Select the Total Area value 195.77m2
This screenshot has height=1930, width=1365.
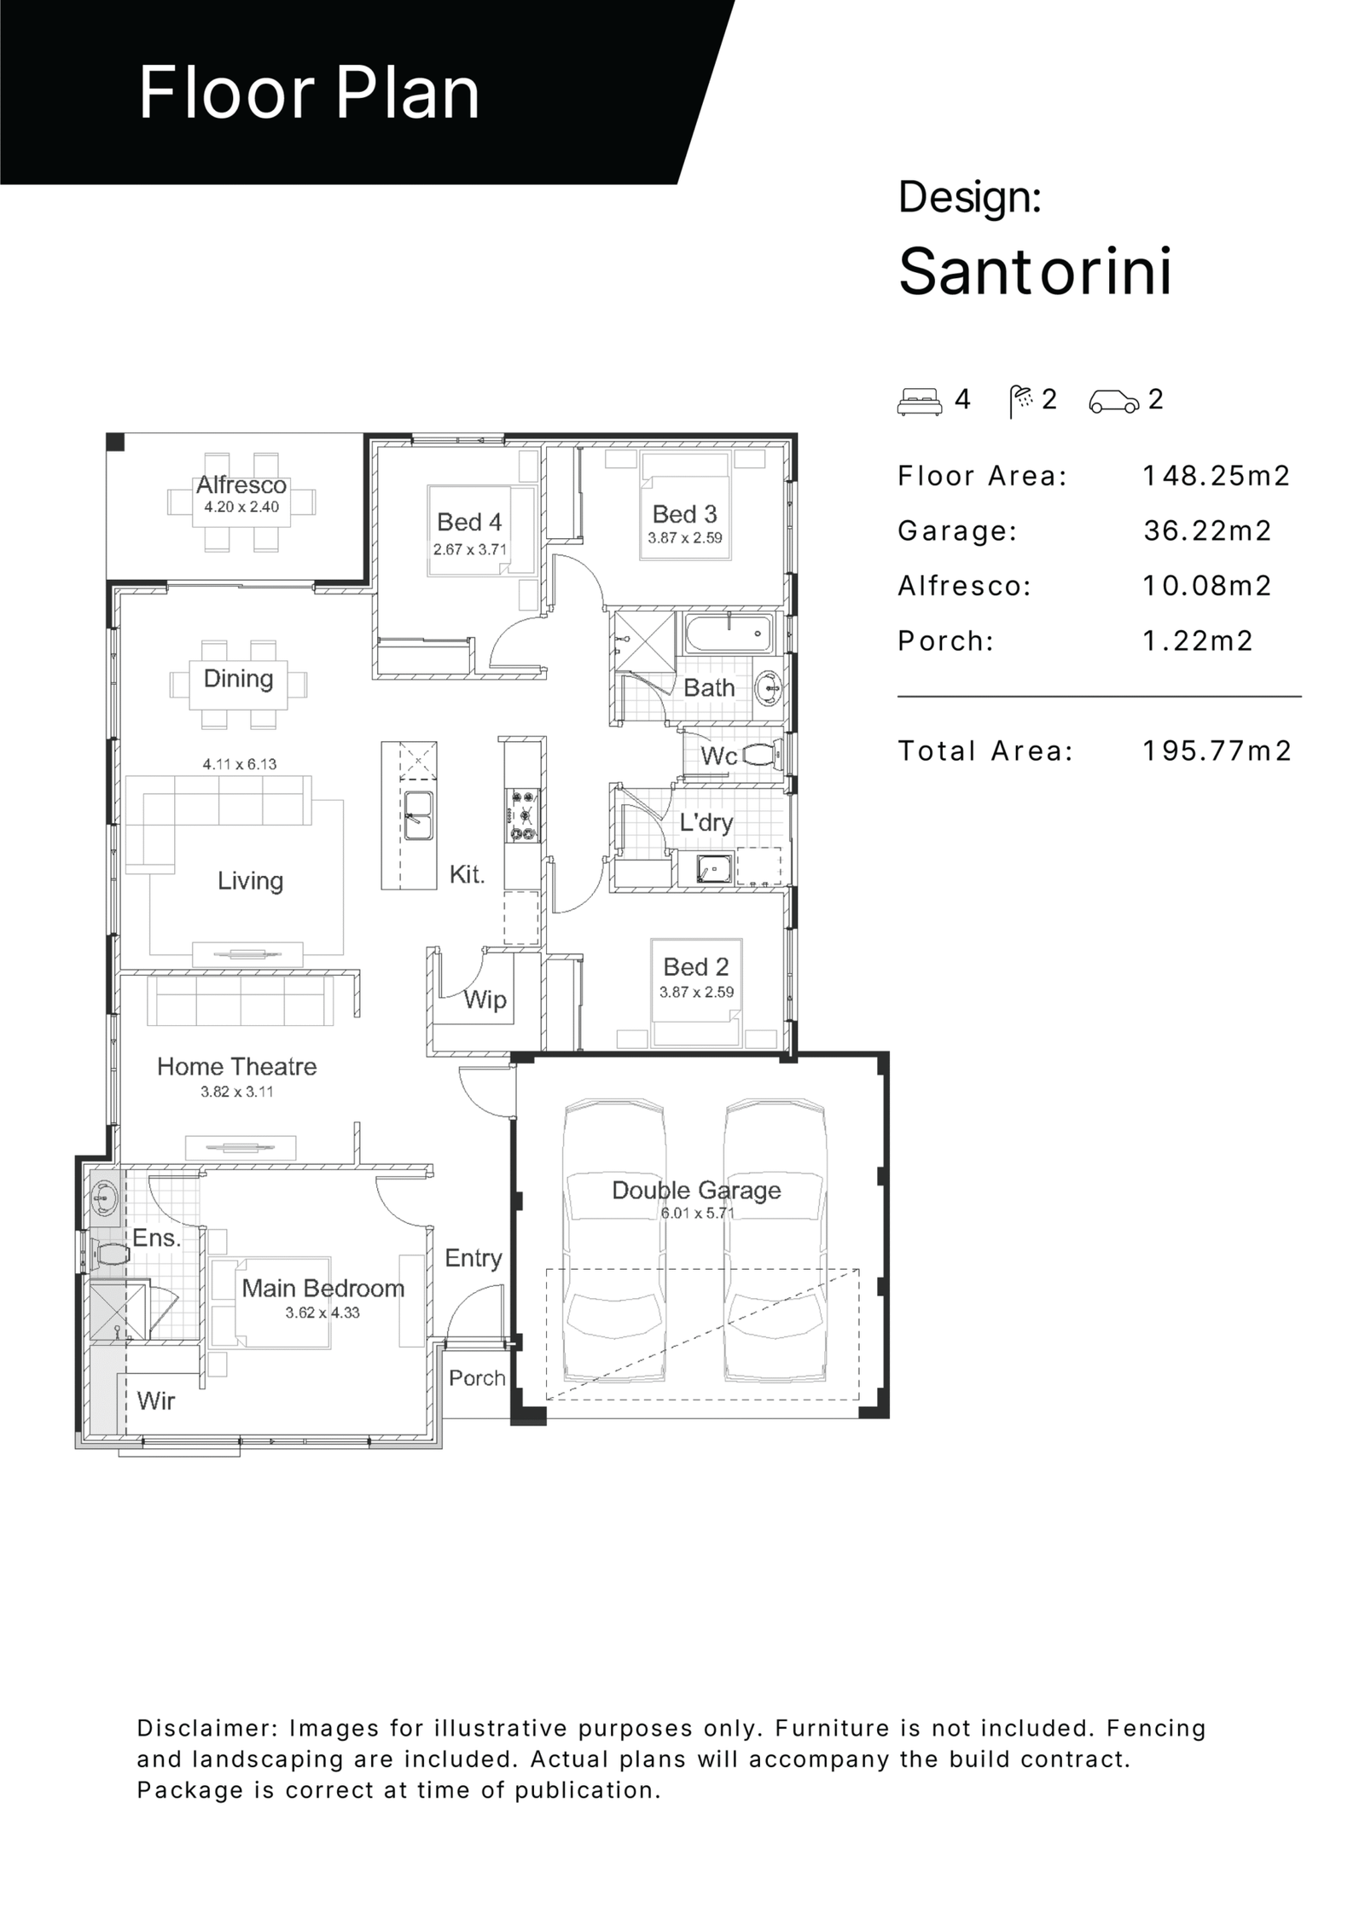[1217, 751]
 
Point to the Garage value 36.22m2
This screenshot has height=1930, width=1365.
[1207, 530]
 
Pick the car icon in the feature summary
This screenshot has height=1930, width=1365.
[1113, 401]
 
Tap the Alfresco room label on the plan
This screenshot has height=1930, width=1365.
[241, 485]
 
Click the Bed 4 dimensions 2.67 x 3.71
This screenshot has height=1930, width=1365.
[469, 549]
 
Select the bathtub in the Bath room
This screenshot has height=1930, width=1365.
[729, 634]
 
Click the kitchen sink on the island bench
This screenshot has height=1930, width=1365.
[418, 815]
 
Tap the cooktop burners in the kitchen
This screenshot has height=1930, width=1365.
[521, 815]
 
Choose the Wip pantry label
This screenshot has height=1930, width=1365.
[485, 999]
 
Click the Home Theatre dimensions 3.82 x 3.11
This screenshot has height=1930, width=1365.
[236, 1092]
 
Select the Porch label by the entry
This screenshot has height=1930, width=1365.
[477, 1377]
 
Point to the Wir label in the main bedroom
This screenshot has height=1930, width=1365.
[156, 1400]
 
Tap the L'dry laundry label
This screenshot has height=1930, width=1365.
[706, 822]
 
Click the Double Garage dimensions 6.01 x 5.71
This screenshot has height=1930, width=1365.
[697, 1213]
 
